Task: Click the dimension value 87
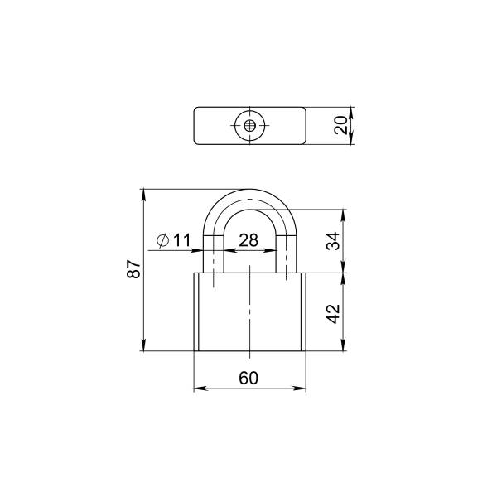(x=133, y=269)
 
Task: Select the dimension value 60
(x=248, y=378)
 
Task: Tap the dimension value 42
(x=333, y=314)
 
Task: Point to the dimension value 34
(x=333, y=241)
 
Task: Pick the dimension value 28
(x=248, y=240)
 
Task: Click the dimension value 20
(x=341, y=126)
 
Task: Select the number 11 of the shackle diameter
(x=181, y=240)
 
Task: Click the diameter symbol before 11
(x=162, y=240)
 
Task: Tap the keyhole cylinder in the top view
(x=250, y=126)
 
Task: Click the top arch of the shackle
(x=250, y=200)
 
